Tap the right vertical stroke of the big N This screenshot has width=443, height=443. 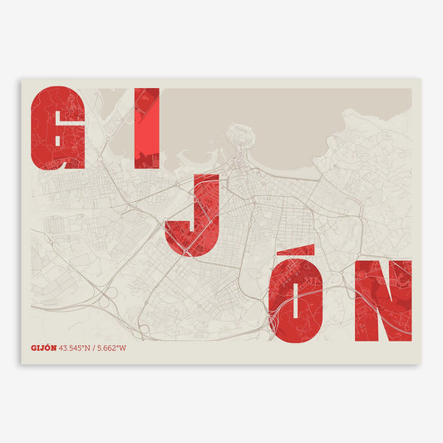[x=403, y=301]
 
